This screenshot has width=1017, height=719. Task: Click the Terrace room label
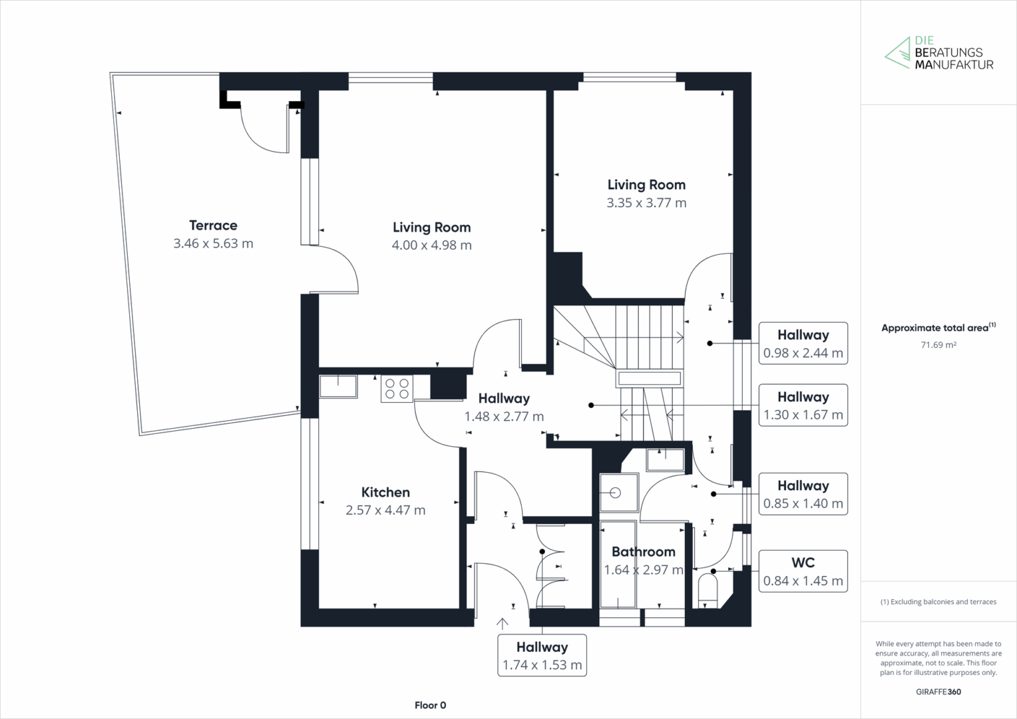(x=213, y=225)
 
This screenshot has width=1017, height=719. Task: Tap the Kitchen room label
(x=385, y=492)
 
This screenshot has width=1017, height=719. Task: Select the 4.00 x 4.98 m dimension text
(x=431, y=245)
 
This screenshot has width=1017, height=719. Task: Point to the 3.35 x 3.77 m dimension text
(x=646, y=202)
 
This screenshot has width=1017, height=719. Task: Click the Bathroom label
(x=644, y=551)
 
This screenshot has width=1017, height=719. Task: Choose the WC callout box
(x=803, y=571)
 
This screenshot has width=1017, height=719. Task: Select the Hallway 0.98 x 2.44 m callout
(x=803, y=344)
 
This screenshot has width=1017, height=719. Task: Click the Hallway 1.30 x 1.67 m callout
(x=803, y=405)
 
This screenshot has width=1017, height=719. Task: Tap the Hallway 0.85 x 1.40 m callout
(x=803, y=494)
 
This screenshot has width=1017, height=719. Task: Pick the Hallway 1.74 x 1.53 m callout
(x=542, y=655)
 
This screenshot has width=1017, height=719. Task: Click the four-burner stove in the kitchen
(x=397, y=388)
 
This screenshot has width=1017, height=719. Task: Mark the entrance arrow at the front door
(x=502, y=624)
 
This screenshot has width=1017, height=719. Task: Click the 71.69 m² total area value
(x=938, y=345)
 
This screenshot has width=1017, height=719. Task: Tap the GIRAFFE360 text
(x=938, y=692)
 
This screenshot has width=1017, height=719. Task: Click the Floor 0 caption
(x=431, y=705)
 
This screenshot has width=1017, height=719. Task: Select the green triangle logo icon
(x=898, y=53)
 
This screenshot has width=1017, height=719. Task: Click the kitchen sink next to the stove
(x=338, y=386)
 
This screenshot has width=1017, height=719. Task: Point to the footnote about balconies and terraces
(x=938, y=602)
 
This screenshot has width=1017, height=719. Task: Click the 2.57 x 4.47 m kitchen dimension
(x=385, y=510)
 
